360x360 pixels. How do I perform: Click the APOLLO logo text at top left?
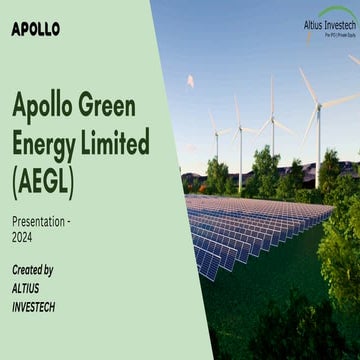[x=36, y=28]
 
